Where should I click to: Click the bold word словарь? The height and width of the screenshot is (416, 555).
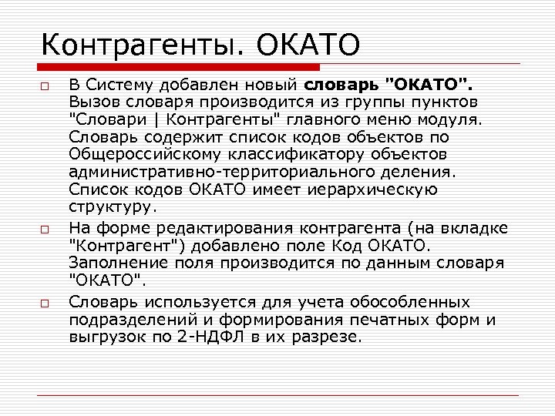click(344, 83)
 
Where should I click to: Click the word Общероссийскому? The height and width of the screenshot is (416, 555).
click(145, 155)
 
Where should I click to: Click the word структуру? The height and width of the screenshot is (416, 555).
click(110, 208)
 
